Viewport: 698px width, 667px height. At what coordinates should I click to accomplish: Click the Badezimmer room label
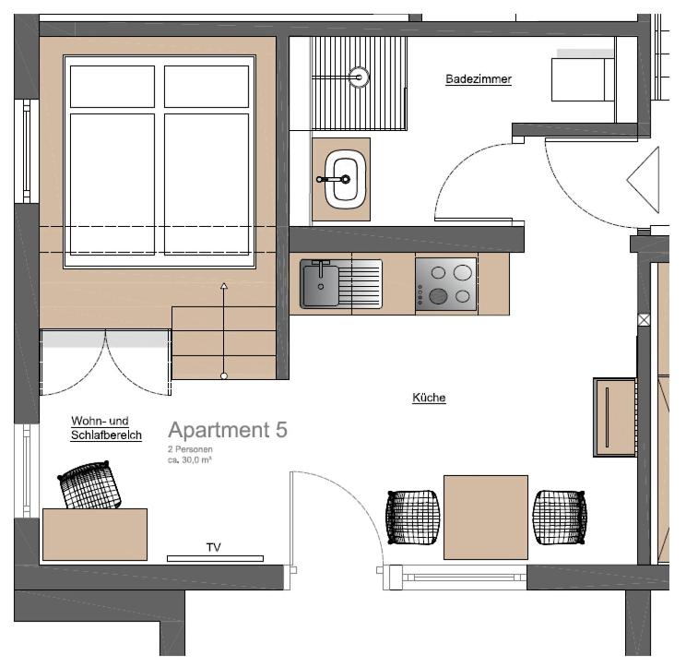tap(479, 79)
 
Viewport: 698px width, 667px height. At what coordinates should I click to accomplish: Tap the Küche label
tap(429, 398)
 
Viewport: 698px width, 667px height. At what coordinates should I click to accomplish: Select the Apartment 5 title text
tap(228, 430)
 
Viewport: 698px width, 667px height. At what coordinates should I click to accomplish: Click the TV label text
tap(214, 547)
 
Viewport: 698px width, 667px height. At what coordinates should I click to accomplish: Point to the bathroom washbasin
tap(345, 180)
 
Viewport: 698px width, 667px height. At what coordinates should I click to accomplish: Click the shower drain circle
tap(359, 77)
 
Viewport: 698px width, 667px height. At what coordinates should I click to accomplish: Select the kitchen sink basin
tap(320, 284)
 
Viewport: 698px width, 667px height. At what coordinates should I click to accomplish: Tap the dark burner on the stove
tap(438, 295)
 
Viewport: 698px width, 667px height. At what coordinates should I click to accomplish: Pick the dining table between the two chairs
tap(486, 518)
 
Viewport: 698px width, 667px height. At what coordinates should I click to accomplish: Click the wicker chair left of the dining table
tap(413, 518)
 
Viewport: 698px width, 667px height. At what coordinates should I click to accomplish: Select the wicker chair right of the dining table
tap(560, 518)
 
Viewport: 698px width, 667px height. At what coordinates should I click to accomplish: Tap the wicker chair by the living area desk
tap(90, 485)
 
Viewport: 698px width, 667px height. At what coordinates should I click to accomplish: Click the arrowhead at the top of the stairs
tap(224, 286)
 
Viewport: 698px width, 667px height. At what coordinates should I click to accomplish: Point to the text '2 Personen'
tap(190, 449)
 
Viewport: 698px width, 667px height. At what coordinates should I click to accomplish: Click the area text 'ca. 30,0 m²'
tap(190, 460)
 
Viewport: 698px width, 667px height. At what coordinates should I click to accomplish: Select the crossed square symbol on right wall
tap(644, 320)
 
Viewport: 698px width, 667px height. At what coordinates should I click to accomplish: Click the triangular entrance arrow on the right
tap(643, 180)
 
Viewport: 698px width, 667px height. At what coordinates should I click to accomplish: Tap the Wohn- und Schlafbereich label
tap(106, 428)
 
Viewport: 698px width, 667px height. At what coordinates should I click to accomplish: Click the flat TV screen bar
tap(215, 558)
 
